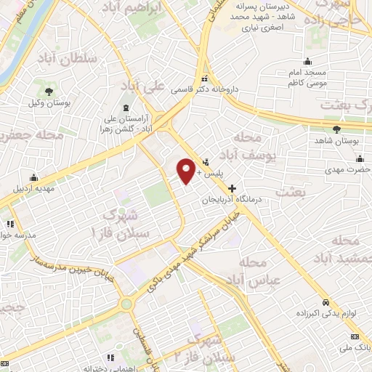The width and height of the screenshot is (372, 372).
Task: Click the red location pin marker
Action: click(x=187, y=171)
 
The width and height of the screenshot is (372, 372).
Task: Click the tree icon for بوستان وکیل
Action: click(x=49, y=92)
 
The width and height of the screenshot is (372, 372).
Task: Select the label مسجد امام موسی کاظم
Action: click(x=308, y=75)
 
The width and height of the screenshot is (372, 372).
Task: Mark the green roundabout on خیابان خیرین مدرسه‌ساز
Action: click(x=126, y=304)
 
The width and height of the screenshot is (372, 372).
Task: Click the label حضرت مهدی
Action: click(x=352, y=169)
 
